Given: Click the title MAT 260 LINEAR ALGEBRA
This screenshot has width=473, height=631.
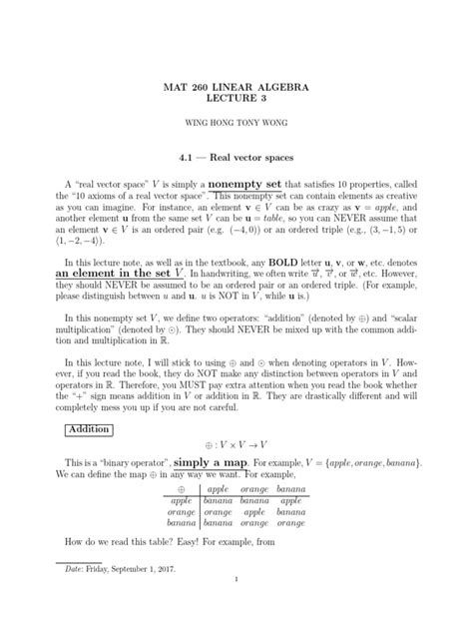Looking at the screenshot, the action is [236, 89].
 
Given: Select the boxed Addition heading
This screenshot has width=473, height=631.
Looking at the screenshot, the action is [90, 429].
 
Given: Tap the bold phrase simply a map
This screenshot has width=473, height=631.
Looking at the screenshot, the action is [214, 464].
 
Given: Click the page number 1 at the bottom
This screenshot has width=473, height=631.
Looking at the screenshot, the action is [236, 607].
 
